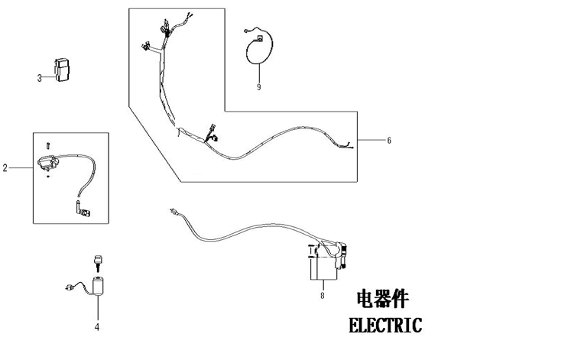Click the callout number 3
point(39,77)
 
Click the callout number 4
point(97,328)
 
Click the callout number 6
point(389,141)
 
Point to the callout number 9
point(259,87)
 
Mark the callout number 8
point(323,294)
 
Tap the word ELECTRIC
point(384,326)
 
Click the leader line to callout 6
point(371,141)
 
